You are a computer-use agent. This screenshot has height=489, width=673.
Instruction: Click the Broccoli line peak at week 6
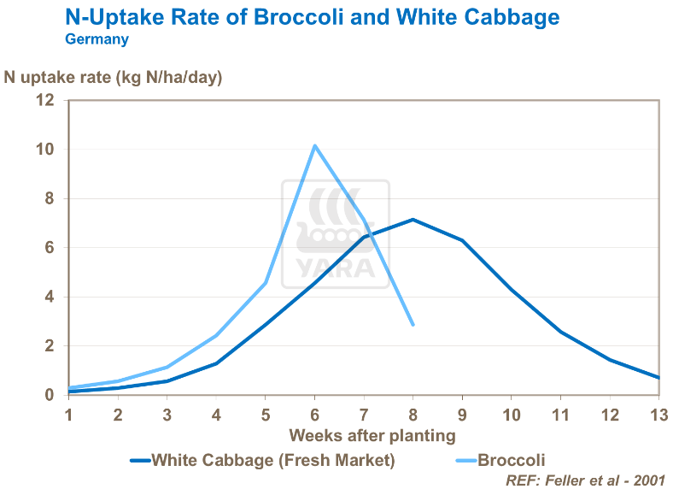[x=315, y=146]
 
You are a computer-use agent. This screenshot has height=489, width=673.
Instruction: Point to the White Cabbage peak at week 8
[x=413, y=220]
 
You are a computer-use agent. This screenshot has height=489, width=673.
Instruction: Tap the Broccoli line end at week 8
[x=413, y=325]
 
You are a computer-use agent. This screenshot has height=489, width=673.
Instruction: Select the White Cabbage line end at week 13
[x=658, y=378]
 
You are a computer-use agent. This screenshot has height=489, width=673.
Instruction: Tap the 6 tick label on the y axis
[x=49, y=248]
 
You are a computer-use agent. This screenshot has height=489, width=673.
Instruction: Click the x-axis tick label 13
[x=658, y=415]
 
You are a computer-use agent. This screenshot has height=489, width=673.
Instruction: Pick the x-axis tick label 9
[x=462, y=415]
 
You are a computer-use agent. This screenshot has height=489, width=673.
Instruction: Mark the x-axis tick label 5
[x=266, y=415]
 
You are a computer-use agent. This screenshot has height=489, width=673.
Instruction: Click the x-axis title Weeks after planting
[x=372, y=435]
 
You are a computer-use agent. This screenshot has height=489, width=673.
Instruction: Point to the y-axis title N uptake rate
[x=113, y=77]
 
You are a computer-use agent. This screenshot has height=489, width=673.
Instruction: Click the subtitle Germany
[x=97, y=39]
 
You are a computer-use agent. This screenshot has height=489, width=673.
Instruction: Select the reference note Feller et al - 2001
[x=585, y=480]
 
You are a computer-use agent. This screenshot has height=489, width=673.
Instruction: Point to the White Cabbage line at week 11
[x=560, y=332]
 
